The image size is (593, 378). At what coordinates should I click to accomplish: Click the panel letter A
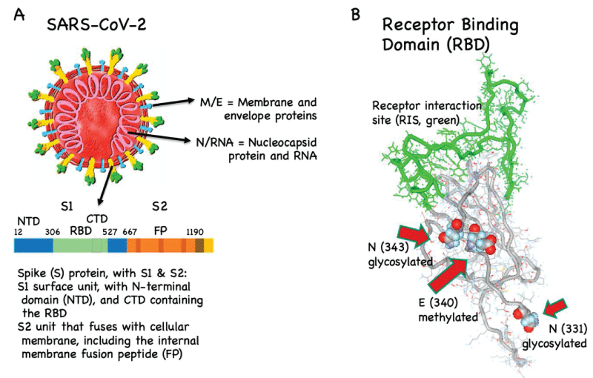(19, 14)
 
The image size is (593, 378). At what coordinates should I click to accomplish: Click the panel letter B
(356, 14)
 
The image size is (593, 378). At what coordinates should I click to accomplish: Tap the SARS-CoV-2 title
(96, 25)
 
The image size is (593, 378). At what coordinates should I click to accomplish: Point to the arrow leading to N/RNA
(159, 137)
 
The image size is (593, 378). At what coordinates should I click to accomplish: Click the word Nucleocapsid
(282, 142)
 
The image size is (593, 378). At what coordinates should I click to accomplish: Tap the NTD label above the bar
(29, 221)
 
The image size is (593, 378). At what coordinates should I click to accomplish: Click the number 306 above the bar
(53, 232)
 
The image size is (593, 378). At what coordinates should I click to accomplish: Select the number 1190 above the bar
(195, 232)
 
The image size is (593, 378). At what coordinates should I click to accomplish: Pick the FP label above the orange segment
(160, 231)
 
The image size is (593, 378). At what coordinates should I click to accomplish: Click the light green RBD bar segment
(80, 245)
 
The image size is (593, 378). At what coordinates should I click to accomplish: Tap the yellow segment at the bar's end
(209, 245)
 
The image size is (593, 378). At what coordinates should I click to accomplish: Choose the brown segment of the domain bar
(199, 245)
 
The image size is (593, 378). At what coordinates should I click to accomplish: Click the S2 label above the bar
(159, 206)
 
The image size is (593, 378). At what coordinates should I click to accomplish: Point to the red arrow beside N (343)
(414, 236)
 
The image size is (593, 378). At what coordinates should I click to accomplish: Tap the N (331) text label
(568, 329)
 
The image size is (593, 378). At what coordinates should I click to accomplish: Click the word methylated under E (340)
(448, 316)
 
